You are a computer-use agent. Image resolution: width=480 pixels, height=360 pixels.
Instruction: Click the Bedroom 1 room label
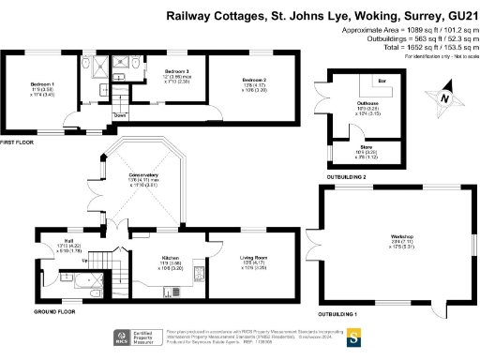click(x=28, y=83)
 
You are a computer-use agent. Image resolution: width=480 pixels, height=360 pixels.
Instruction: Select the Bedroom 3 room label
click(x=176, y=71)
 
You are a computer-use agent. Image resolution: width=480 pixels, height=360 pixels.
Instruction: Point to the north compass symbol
click(x=434, y=96)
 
